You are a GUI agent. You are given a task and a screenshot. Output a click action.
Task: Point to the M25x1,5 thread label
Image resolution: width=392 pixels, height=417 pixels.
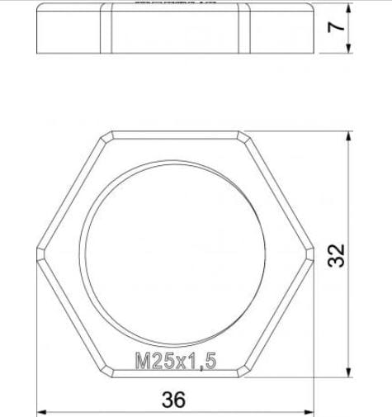tap(174, 361)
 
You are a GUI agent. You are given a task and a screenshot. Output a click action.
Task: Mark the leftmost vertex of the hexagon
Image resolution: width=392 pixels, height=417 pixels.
tap(36, 254)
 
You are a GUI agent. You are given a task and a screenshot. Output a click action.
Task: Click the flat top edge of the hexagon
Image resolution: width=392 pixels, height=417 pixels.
tap(174, 130)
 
